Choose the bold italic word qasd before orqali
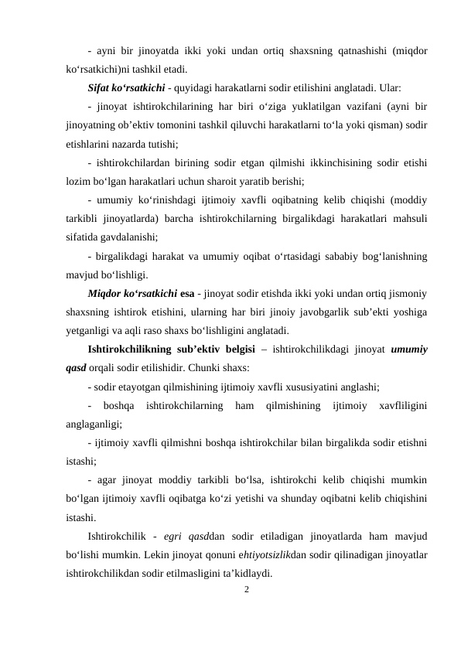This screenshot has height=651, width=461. pyautogui.click(x=77, y=367)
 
